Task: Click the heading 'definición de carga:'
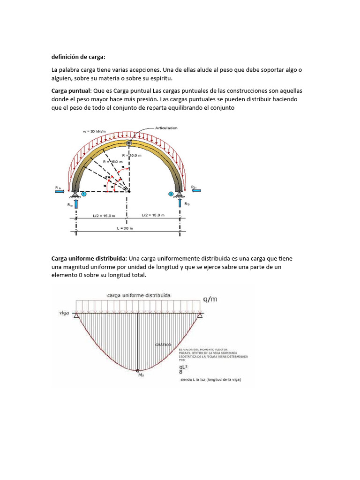pos(78,57)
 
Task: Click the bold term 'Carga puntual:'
pos(72,90)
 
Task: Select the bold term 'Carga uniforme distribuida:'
pos(89,259)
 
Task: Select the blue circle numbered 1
pos(83,194)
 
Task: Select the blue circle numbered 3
pos(172,194)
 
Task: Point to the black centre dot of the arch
pos(129,191)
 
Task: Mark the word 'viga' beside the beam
pos(65,312)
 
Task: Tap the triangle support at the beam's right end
pos(200,315)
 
